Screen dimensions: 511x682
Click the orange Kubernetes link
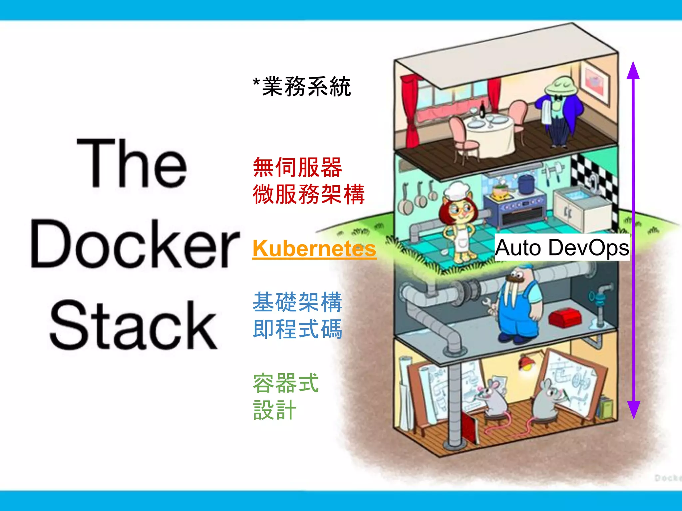[x=314, y=249]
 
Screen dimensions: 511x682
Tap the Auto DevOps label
[x=562, y=248]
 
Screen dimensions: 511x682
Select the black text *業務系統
[x=302, y=86]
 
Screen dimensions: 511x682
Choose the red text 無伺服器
[x=297, y=167]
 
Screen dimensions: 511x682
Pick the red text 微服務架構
[x=309, y=194]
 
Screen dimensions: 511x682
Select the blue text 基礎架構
[x=297, y=302]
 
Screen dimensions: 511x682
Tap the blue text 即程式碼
[x=297, y=329]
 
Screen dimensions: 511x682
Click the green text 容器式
[x=286, y=383]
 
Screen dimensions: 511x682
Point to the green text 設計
[x=275, y=410]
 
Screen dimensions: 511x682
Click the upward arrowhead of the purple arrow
[x=633, y=71]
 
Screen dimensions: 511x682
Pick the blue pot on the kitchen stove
[x=526, y=184]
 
